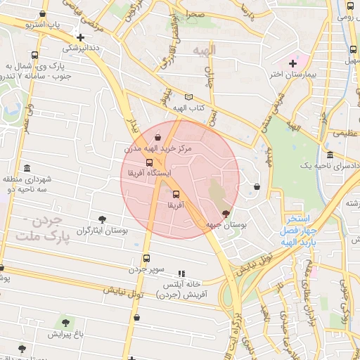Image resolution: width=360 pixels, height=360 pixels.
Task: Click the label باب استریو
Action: coord(42,25)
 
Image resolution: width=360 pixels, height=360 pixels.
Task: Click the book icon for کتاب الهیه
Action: coord(187,96)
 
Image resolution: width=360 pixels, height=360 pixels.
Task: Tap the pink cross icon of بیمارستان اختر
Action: coord(293,63)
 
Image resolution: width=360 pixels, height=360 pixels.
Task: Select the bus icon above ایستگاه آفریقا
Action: coord(148,162)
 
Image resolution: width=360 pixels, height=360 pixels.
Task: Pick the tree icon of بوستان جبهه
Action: coord(226,213)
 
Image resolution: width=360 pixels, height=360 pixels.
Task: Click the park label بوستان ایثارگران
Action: coord(103,231)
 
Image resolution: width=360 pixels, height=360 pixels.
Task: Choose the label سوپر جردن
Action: coord(146,269)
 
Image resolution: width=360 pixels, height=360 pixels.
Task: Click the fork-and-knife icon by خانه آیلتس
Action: coord(181,274)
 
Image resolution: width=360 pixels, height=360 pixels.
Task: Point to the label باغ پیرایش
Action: coord(66,334)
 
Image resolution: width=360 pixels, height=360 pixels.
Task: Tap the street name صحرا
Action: coord(195,14)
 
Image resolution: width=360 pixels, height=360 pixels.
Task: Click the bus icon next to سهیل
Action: coord(352,49)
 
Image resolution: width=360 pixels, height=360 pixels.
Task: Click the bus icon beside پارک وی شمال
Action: coord(35,55)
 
